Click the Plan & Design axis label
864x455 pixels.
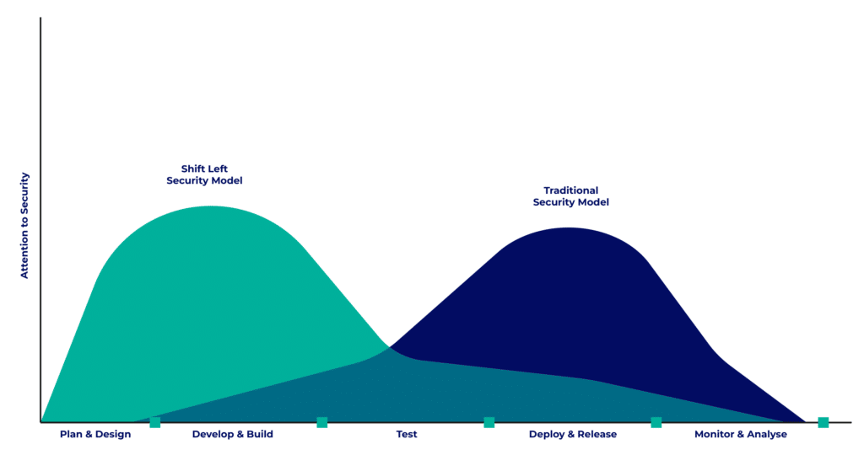click(95, 435)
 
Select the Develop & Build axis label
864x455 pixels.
click(233, 435)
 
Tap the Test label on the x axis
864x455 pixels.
click(407, 435)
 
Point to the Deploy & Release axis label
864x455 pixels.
click(573, 435)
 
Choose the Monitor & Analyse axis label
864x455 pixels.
click(741, 435)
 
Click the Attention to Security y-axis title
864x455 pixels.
click(24, 225)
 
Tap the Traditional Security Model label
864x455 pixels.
click(571, 196)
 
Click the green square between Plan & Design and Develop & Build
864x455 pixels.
click(155, 422)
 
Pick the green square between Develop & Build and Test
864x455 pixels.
click(322, 422)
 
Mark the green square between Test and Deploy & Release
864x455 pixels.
click(489, 422)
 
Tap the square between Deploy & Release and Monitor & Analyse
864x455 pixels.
click(656, 422)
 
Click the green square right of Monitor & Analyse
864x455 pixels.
click(823, 422)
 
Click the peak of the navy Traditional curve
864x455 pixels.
click(570, 228)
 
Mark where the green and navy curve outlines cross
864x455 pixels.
click(390, 347)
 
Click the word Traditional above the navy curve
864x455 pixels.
click(571, 190)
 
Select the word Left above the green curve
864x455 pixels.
click(218, 169)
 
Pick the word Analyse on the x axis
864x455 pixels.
click(766, 435)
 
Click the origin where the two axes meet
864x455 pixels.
click(40, 422)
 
